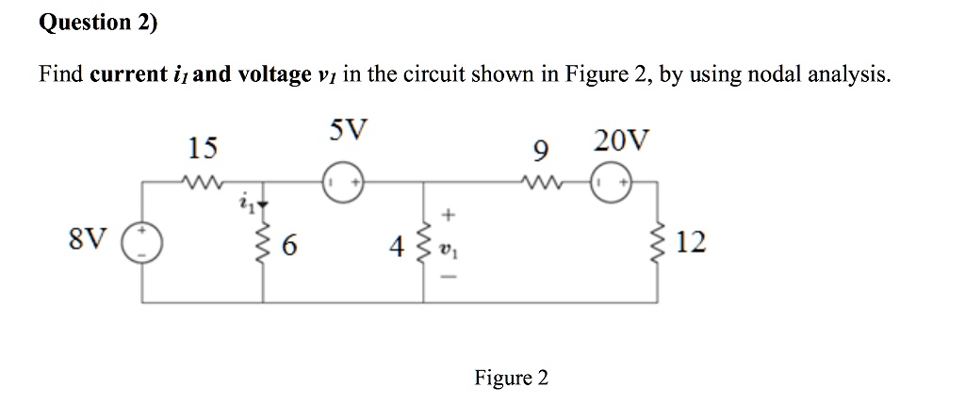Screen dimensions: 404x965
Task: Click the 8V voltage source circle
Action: click(x=143, y=244)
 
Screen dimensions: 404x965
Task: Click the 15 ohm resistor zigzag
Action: click(x=202, y=182)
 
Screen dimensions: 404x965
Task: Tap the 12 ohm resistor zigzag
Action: click(x=657, y=244)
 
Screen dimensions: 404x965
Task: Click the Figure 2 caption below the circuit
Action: click(x=511, y=378)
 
